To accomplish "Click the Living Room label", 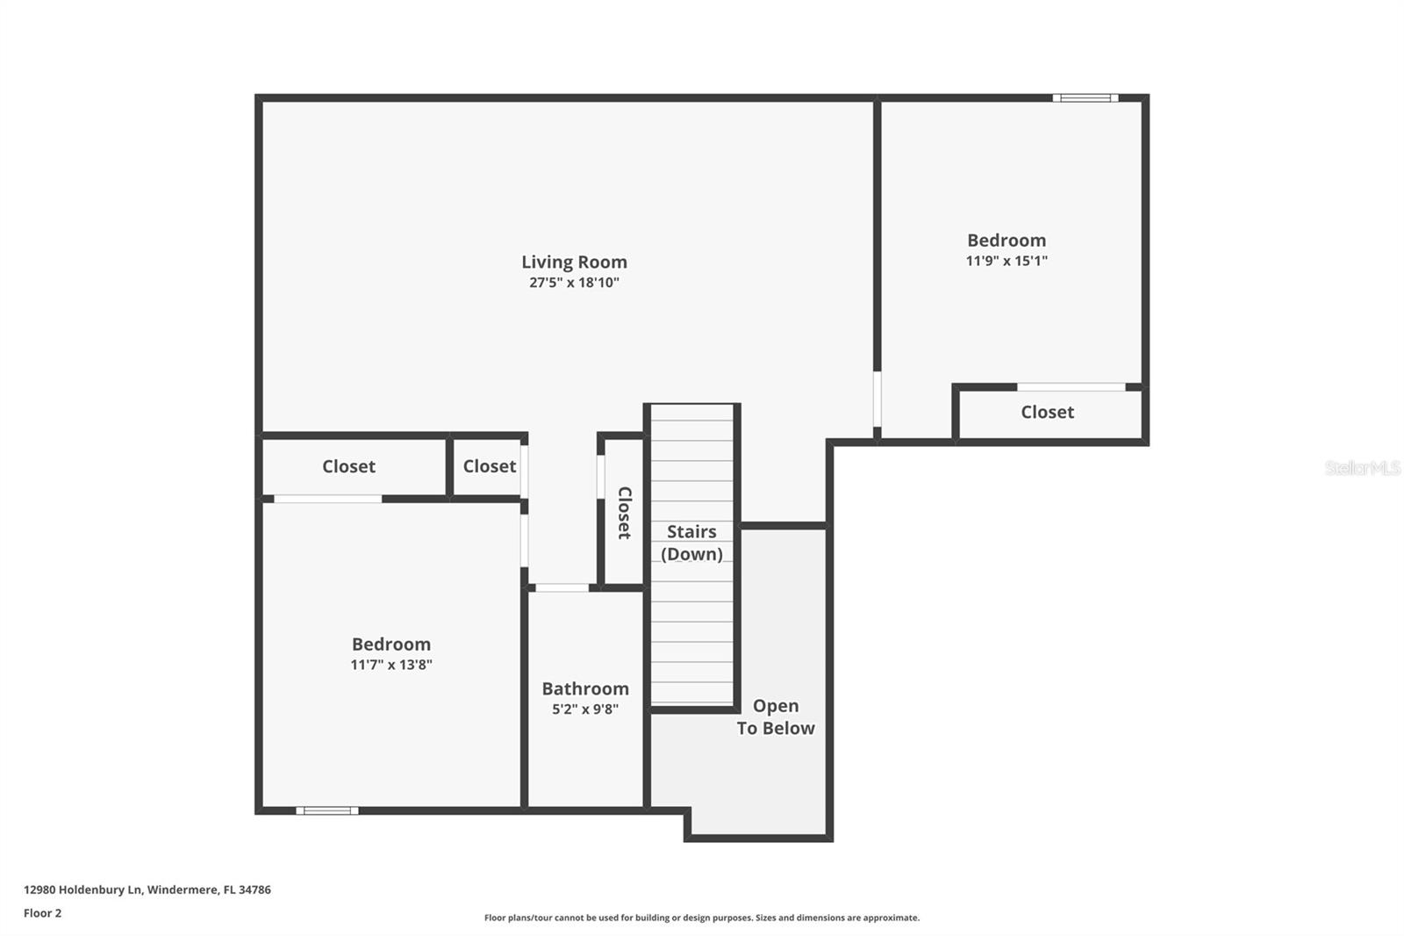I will [x=574, y=262].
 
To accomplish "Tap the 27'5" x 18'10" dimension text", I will [x=574, y=283].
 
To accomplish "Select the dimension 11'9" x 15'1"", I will [x=1006, y=261].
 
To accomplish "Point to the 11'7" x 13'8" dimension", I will [x=391, y=665].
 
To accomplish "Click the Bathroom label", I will [x=585, y=688].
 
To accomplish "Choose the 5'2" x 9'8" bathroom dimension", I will [x=585, y=709].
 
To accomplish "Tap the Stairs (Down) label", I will [x=691, y=543].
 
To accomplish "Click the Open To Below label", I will [x=776, y=716].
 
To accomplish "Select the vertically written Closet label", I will [x=624, y=513].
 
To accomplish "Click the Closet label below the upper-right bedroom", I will [x=1047, y=412].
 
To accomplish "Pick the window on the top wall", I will [x=1085, y=98].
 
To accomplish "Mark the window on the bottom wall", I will [x=327, y=810].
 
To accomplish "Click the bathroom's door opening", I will [x=562, y=587].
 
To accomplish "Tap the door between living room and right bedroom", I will [x=877, y=400].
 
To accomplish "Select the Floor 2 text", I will [x=42, y=913].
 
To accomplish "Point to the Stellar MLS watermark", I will [x=1362, y=468].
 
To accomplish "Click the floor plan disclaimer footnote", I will [x=702, y=918].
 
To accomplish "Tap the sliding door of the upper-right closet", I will [x=1071, y=386].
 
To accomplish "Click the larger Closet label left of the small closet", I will [x=348, y=466].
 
